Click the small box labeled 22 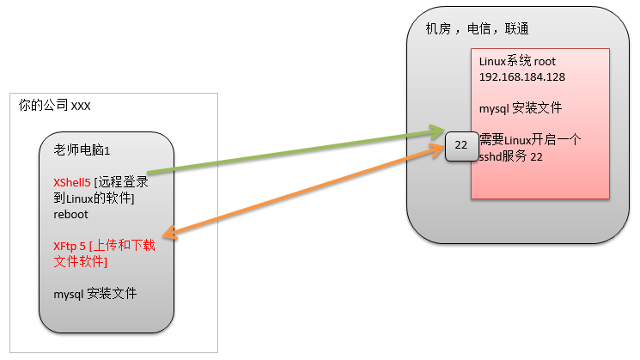(460, 145)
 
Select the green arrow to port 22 (292, 152)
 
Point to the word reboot (70, 215)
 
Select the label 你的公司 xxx (55, 106)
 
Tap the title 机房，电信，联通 (477, 29)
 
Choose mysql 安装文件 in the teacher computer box (94, 294)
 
